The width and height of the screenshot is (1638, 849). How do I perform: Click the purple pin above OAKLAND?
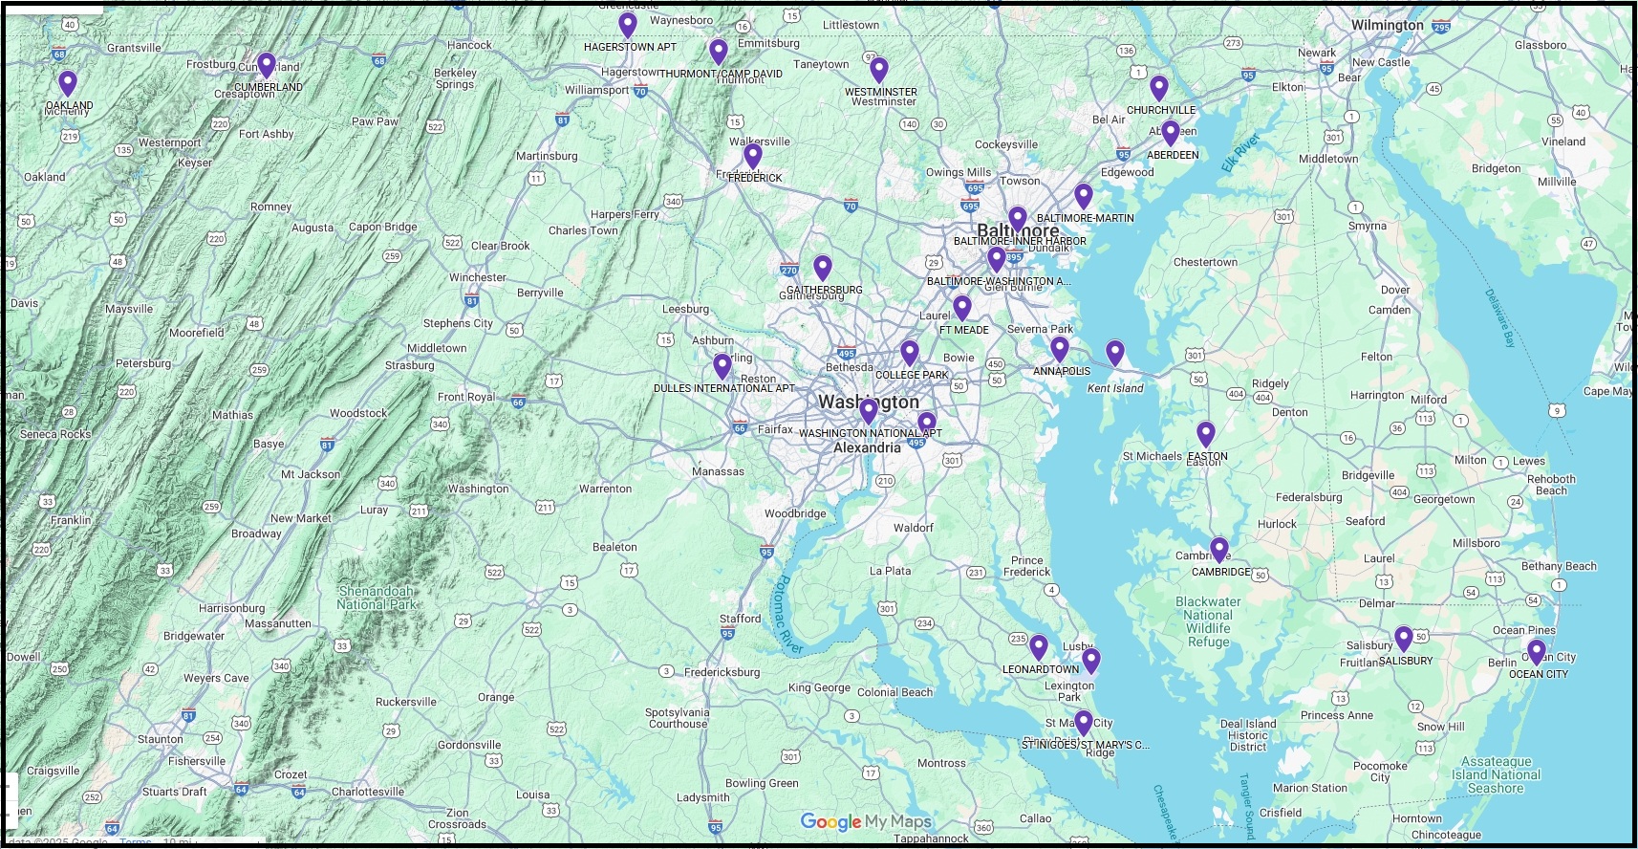click(x=67, y=83)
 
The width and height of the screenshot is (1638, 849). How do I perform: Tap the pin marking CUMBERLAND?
click(x=267, y=65)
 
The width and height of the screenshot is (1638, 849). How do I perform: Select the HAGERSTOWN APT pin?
click(x=628, y=25)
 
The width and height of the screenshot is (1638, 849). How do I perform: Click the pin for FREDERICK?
click(x=753, y=155)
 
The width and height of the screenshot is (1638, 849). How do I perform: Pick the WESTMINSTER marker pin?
click(x=879, y=69)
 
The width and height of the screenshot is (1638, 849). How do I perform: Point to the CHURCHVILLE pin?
click(x=1159, y=88)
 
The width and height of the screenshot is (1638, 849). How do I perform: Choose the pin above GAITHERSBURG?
click(x=823, y=268)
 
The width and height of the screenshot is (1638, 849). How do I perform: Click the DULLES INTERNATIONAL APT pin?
click(x=722, y=366)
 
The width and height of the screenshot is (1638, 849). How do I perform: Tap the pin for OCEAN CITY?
click(x=1537, y=652)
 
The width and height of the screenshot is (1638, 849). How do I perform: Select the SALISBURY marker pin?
click(x=1404, y=638)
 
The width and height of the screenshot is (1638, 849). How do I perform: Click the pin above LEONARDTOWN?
click(x=1039, y=647)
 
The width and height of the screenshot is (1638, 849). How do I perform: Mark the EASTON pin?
click(x=1206, y=435)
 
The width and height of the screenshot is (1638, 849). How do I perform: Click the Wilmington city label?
click(x=1387, y=26)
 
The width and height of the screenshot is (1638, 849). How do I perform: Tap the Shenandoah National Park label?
click(x=377, y=598)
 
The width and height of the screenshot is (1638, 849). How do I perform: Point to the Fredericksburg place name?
click(x=722, y=672)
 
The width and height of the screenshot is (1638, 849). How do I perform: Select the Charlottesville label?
click(x=368, y=792)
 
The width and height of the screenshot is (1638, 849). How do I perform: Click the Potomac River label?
click(x=787, y=615)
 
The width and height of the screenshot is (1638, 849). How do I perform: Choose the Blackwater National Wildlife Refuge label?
click(x=1208, y=622)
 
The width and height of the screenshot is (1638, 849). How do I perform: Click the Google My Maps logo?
click(x=865, y=821)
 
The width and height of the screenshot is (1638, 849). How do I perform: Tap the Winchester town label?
click(x=478, y=277)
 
